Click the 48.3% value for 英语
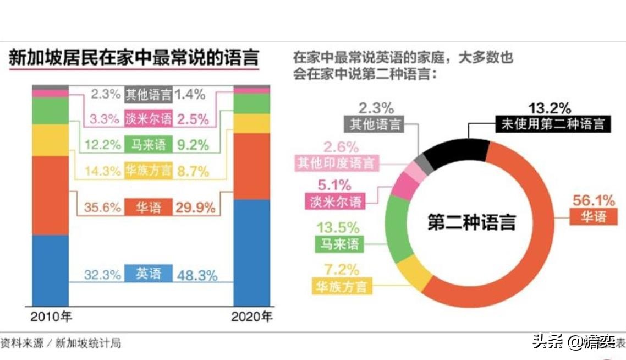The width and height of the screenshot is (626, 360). click(196, 275)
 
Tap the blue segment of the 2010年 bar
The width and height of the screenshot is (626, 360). click(50, 270)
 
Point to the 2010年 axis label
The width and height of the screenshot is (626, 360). click(51, 317)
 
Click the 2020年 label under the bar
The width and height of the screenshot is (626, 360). click(252, 317)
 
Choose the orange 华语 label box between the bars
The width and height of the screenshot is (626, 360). click(149, 208)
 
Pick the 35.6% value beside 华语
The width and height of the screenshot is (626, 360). click(102, 208)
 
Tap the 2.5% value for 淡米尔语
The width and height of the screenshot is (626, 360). click(193, 119)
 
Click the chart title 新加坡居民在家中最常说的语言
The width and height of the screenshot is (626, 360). click(133, 58)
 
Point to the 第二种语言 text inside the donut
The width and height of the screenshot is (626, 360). click(472, 222)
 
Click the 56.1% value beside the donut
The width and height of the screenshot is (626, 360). click(594, 200)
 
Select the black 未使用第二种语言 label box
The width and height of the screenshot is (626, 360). click(552, 123)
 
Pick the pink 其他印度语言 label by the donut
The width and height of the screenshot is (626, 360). click(336, 163)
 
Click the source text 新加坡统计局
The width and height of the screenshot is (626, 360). click(88, 343)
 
